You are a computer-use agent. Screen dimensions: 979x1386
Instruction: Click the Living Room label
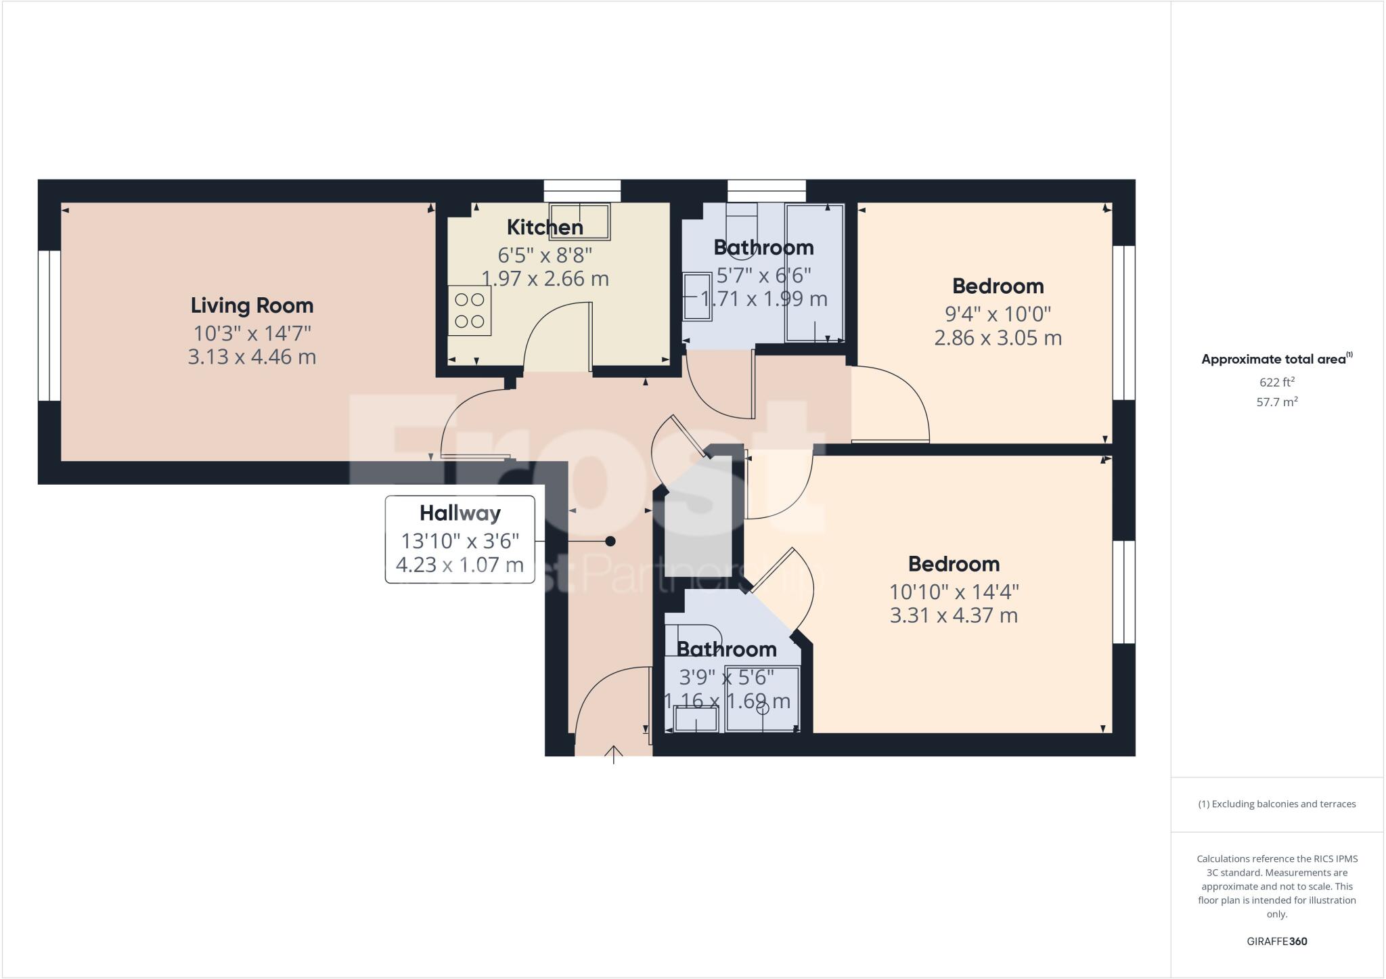(x=252, y=305)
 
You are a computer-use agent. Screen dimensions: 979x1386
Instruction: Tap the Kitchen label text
(x=545, y=227)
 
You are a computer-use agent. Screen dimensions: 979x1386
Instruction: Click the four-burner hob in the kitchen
(x=469, y=310)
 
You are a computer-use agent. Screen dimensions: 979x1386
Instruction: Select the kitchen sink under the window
(x=579, y=221)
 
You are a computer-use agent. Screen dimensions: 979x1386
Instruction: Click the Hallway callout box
(x=460, y=539)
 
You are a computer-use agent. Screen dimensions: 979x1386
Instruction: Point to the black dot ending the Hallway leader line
(x=610, y=541)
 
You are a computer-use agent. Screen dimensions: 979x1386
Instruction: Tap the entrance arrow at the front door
(x=614, y=754)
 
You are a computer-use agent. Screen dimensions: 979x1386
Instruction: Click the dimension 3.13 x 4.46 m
(x=252, y=357)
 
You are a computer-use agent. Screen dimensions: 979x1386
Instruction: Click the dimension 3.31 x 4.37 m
(x=954, y=615)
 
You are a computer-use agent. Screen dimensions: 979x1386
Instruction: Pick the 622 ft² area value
(x=1277, y=382)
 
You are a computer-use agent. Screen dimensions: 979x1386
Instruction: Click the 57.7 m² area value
(x=1277, y=402)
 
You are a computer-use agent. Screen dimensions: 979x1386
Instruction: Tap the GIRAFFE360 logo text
(x=1277, y=941)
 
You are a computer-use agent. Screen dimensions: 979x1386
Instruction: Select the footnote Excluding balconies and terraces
(x=1277, y=804)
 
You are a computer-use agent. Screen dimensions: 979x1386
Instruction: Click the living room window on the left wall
(x=49, y=326)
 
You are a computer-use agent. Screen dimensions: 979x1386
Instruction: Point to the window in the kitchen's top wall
(x=583, y=190)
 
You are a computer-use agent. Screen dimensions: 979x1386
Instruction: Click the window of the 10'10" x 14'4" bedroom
(x=1124, y=592)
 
